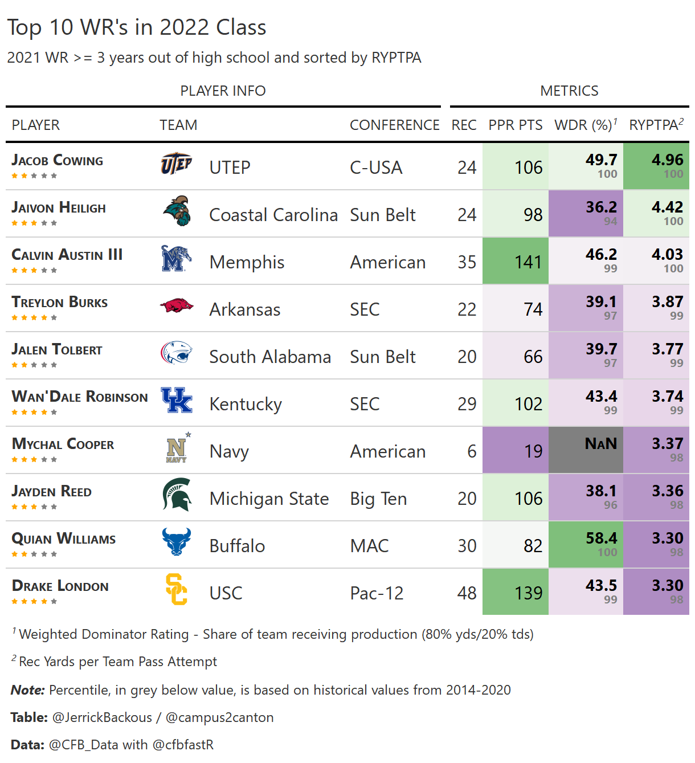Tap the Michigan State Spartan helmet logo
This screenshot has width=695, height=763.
tap(177, 495)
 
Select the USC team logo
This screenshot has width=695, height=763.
tap(176, 589)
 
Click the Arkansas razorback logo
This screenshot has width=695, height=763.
tap(177, 306)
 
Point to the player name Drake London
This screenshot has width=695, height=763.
tap(60, 586)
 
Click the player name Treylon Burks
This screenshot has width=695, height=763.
tap(60, 303)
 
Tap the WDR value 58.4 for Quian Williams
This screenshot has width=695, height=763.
tap(601, 538)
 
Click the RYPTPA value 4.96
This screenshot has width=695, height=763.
tap(667, 160)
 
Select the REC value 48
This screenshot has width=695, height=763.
tap(467, 593)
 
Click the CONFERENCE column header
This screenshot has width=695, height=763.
tap(394, 125)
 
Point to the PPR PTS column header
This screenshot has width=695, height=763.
tap(516, 125)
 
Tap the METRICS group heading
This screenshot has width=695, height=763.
tap(569, 91)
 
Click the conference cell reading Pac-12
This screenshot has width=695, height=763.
tap(377, 593)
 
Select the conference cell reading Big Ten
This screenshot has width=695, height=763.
tap(378, 499)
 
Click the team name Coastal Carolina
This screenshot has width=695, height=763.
tap(273, 215)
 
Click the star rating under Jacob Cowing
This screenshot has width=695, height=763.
tap(34, 176)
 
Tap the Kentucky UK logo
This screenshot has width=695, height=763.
tap(177, 400)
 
